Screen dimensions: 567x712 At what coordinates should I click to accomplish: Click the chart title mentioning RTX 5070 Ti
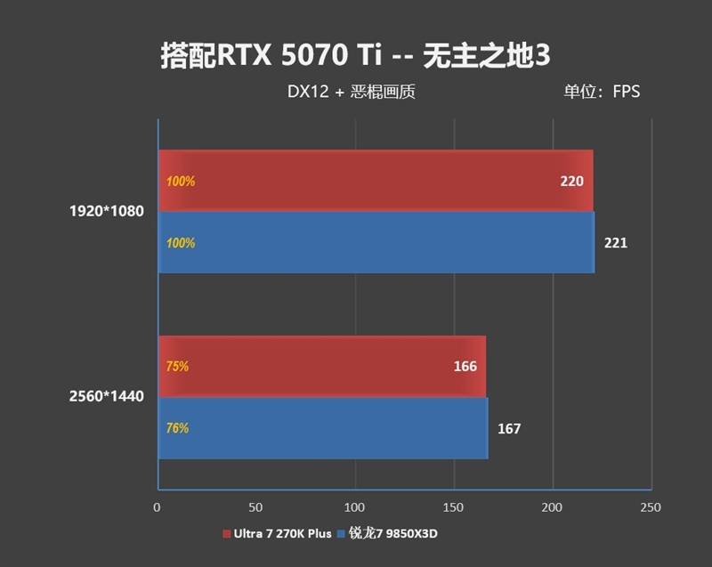[x=355, y=54]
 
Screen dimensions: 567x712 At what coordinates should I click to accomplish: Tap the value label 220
[x=571, y=182]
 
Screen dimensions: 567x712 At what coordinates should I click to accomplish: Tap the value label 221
[x=616, y=243]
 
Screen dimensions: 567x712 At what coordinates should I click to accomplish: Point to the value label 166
[x=465, y=367]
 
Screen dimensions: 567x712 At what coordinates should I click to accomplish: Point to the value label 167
[x=509, y=429]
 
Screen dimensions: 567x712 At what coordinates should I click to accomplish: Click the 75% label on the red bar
[x=177, y=367]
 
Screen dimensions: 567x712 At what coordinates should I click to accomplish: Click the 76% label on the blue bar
[x=177, y=428]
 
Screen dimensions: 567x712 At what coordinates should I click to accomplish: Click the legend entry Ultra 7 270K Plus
[x=278, y=534]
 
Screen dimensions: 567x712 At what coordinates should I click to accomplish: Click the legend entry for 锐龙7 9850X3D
[x=391, y=534]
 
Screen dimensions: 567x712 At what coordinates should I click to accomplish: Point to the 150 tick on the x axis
[x=454, y=507]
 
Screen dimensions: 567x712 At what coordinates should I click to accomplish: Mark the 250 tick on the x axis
[x=651, y=507]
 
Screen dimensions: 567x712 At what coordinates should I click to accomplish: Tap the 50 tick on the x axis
[x=256, y=507]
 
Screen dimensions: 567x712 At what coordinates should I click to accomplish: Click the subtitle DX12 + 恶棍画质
[x=352, y=91]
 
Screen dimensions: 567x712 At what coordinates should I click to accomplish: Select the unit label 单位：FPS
[x=601, y=91]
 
